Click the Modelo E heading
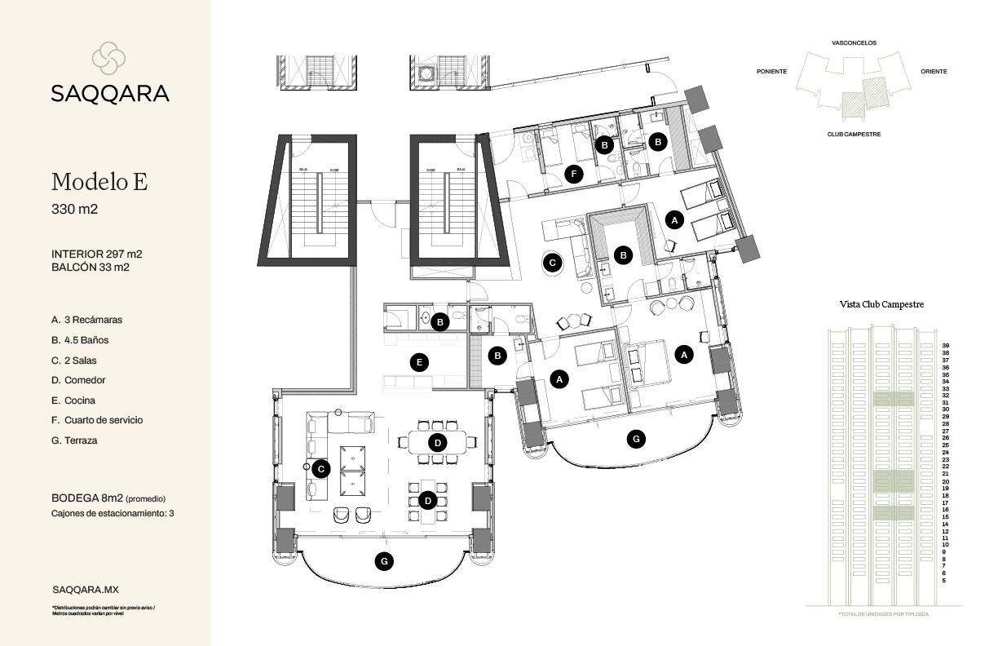[x=99, y=181]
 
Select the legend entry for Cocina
[x=73, y=400]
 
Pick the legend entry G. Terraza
[x=74, y=440]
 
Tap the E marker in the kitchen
[x=419, y=362]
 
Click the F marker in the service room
[x=575, y=173]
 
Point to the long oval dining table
[x=438, y=442]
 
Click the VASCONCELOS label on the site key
[x=854, y=42]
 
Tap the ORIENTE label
[x=934, y=72]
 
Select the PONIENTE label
[x=771, y=72]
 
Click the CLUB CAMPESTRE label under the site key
[x=854, y=134]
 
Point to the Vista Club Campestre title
[x=881, y=304]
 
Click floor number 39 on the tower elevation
[x=945, y=346]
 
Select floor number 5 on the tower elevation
[x=944, y=581]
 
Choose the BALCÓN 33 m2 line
[x=91, y=267]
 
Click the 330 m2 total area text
[x=74, y=210]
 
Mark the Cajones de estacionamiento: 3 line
[x=113, y=514]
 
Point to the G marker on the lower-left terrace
[x=381, y=560]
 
